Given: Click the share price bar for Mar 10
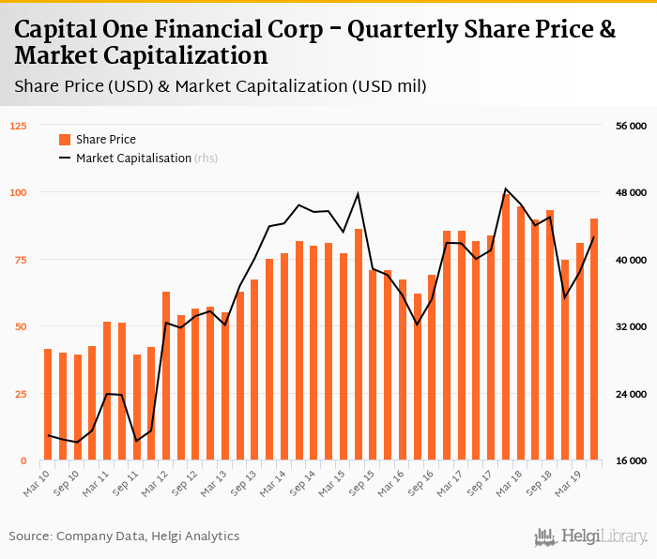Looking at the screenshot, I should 48,404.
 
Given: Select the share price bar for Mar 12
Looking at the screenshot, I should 166,376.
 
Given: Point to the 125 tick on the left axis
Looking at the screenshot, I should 20,126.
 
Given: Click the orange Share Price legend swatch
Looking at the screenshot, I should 65,140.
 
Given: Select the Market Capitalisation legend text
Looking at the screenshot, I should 133,159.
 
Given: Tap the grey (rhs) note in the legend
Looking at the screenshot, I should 206,159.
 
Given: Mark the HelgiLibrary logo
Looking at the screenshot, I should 591,536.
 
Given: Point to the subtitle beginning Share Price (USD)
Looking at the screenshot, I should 221,86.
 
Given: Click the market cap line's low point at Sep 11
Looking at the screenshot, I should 137,441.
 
